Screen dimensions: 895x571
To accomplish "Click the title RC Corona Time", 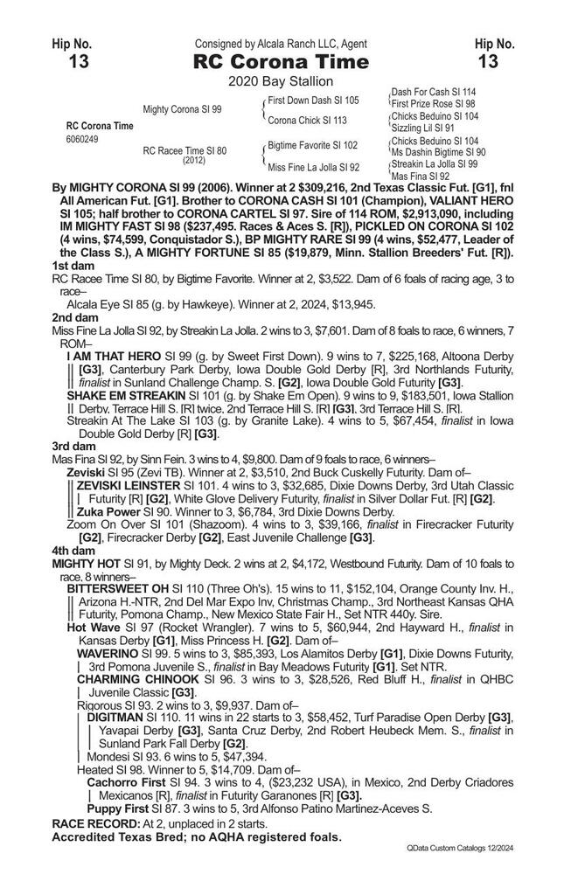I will coord(285,62).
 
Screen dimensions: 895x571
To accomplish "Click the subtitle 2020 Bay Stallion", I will coord(285,82).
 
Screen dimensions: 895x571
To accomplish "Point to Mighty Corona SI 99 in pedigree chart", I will coord(182,109).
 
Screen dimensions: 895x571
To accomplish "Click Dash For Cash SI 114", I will coord(434,92).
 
